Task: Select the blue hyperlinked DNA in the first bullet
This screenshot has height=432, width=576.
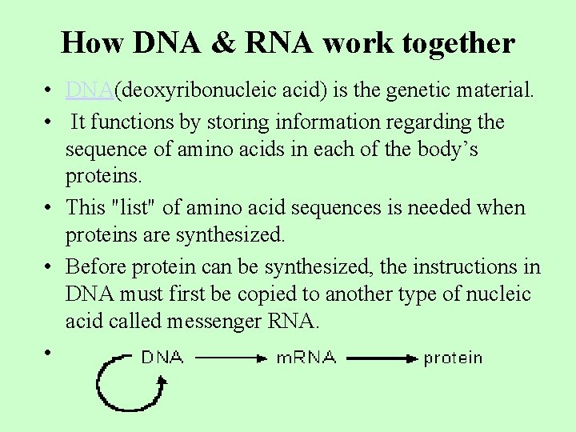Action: pyautogui.click(x=90, y=90)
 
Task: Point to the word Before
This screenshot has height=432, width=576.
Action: pyautogui.click(x=96, y=266)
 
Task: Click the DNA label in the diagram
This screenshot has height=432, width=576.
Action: pyautogui.click(x=162, y=358)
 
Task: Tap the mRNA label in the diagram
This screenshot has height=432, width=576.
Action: pyautogui.click(x=306, y=358)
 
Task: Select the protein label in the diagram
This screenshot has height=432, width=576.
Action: pyautogui.click(x=453, y=358)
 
